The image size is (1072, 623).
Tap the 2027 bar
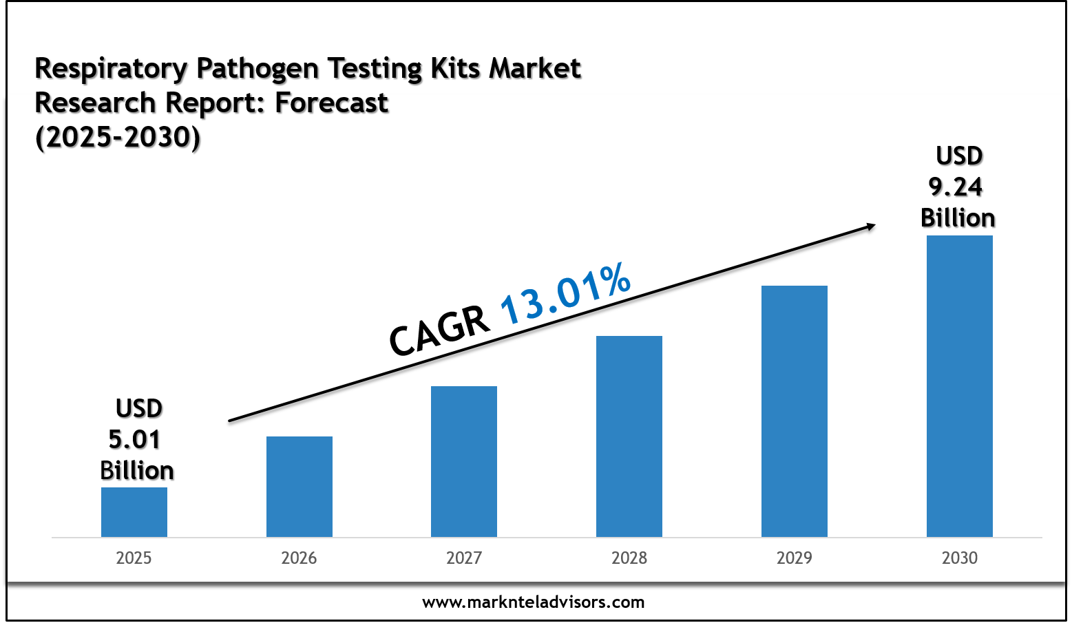click(x=463, y=461)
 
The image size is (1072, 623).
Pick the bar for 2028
click(x=629, y=436)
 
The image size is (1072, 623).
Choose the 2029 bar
click(x=794, y=411)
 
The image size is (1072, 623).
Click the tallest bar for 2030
click(x=959, y=386)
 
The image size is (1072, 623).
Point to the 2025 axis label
click(x=134, y=558)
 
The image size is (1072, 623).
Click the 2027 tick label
click(x=463, y=558)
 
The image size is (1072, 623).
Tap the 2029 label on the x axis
click(x=794, y=558)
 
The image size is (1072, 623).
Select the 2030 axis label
click(x=959, y=558)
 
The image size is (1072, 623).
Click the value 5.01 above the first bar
click(x=134, y=439)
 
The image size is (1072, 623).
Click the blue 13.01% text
click(x=565, y=293)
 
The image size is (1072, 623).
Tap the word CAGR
click(x=439, y=330)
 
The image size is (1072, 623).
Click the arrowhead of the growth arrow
click(x=871, y=226)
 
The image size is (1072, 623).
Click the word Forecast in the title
click(x=331, y=103)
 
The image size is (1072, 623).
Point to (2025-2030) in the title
click(x=118, y=138)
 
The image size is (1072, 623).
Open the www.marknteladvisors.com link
click(x=533, y=602)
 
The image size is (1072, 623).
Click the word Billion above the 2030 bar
click(x=957, y=218)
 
